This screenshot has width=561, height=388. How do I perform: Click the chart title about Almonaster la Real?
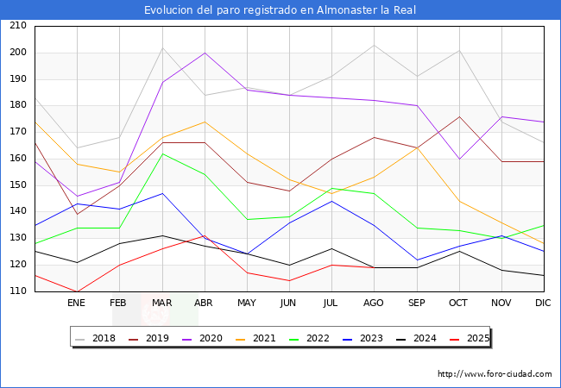[280, 9]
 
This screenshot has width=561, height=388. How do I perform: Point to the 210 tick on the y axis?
[17, 26]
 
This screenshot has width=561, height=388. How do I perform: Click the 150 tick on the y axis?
[17, 185]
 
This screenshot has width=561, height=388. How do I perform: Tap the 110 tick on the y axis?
[17, 291]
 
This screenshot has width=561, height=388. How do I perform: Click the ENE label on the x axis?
[77, 304]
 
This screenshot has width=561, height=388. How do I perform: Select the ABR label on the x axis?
[204, 304]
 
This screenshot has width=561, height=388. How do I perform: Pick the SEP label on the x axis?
[416, 304]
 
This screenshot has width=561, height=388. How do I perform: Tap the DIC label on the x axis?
[543, 304]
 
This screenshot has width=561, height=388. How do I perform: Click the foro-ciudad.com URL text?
[495, 374]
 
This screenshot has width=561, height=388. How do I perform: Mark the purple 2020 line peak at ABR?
[204, 53]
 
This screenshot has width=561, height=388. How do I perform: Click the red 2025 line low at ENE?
[77, 291]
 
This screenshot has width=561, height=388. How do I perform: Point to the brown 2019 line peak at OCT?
[458, 116]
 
